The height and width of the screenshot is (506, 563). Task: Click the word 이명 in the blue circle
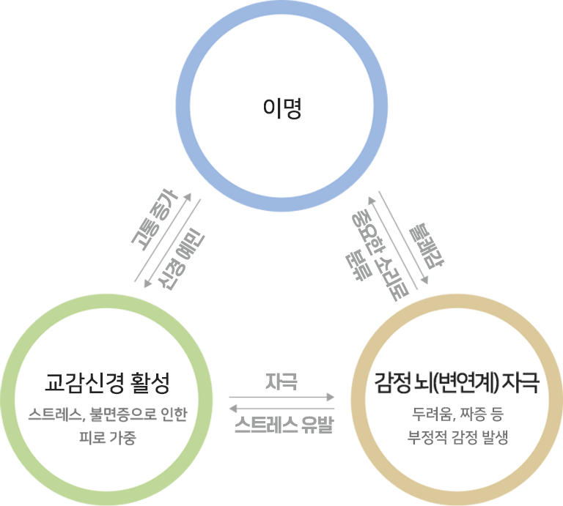[x=281, y=108]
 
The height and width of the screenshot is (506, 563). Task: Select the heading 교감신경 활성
[x=107, y=383]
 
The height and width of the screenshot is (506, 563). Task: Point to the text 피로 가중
[x=107, y=437]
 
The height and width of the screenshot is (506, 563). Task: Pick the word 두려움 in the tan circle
[x=434, y=414]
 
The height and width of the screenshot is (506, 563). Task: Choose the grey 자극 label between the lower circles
[x=281, y=382]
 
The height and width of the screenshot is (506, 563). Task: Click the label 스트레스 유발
[x=284, y=425]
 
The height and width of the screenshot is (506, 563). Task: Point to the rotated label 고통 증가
[x=155, y=220]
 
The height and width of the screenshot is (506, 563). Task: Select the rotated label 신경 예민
[x=181, y=259]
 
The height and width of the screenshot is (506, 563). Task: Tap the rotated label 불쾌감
[x=427, y=246]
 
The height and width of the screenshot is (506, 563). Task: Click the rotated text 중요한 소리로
[x=380, y=256]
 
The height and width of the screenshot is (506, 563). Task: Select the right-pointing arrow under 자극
[x=281, y=397]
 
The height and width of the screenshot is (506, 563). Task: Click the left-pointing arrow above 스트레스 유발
[x=281, y=408]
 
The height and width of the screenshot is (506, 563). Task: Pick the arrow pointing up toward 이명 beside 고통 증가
[x=163, y=237]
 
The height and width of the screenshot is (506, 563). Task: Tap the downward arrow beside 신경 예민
[x=172, y=244]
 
